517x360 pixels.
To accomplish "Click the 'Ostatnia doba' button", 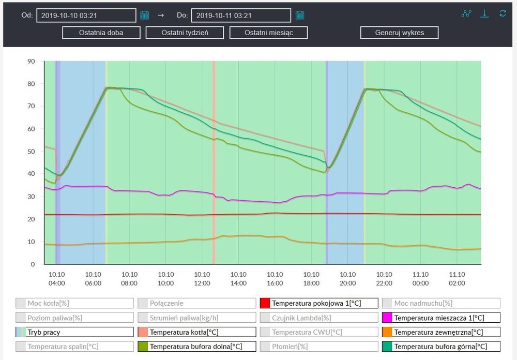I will coord(101,33).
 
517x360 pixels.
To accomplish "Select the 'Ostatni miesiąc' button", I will coord(268,33).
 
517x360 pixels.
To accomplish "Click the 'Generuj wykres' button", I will coord(400,33).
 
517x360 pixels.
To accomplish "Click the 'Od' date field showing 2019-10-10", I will coord(86,16).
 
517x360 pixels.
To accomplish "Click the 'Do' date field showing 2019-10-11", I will coord(241,16).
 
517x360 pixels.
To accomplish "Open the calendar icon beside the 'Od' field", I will coord(145,16).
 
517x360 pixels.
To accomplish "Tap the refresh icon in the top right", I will coord(503,13).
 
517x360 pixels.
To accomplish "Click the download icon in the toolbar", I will coord(484,13).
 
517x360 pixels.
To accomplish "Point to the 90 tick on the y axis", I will coord(31,61).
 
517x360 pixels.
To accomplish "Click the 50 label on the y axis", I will coord(31,152).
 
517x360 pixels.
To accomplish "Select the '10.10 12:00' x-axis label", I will coord(202,278).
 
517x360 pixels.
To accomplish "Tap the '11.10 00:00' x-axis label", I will coord(420,278).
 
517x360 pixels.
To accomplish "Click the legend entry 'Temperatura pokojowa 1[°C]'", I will coord(319,303).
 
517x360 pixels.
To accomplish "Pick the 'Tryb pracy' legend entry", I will coord(74,332).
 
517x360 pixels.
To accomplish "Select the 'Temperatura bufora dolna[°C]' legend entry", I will coord(197,347).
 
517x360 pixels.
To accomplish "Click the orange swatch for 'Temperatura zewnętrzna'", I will coord(387,332).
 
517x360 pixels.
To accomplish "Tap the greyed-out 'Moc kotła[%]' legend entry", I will coord(74,303).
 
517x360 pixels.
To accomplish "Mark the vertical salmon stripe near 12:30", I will coord(214,155).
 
